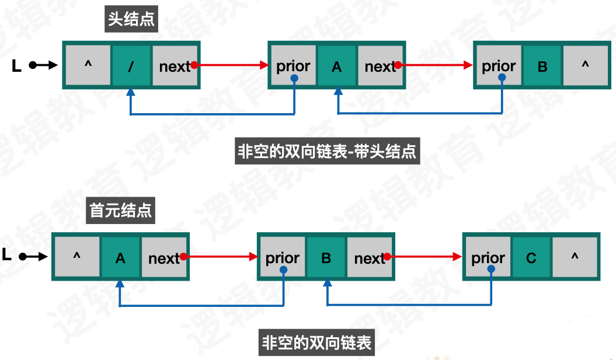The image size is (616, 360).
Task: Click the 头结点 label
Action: [x=131, y=19]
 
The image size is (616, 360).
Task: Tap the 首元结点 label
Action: [x=121, y=209]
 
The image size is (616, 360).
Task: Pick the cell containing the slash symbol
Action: [x=131, y=66]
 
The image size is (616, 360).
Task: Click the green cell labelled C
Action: [x=531, y=257]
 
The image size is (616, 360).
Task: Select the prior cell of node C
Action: [x=488, y=257]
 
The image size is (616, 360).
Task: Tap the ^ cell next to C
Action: [x=575, y=257]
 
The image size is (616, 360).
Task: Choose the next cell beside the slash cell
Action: [x=175, y=66]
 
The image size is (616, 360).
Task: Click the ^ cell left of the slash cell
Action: [x=88, y=66]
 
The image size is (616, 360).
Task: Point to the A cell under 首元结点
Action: [x=120, y=257]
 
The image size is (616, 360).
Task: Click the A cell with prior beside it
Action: [x=336, y=66]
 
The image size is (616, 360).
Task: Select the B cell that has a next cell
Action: [x=326, y=257]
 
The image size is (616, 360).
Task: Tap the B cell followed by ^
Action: [x=542, y=66]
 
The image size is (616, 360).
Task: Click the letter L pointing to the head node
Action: [x=16, y=66]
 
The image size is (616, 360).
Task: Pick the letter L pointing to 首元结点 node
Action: [x=7, y=255]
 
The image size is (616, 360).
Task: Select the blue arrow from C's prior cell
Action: [x=409, y=305]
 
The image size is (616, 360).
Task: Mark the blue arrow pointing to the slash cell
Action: [x=210, y=114]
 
